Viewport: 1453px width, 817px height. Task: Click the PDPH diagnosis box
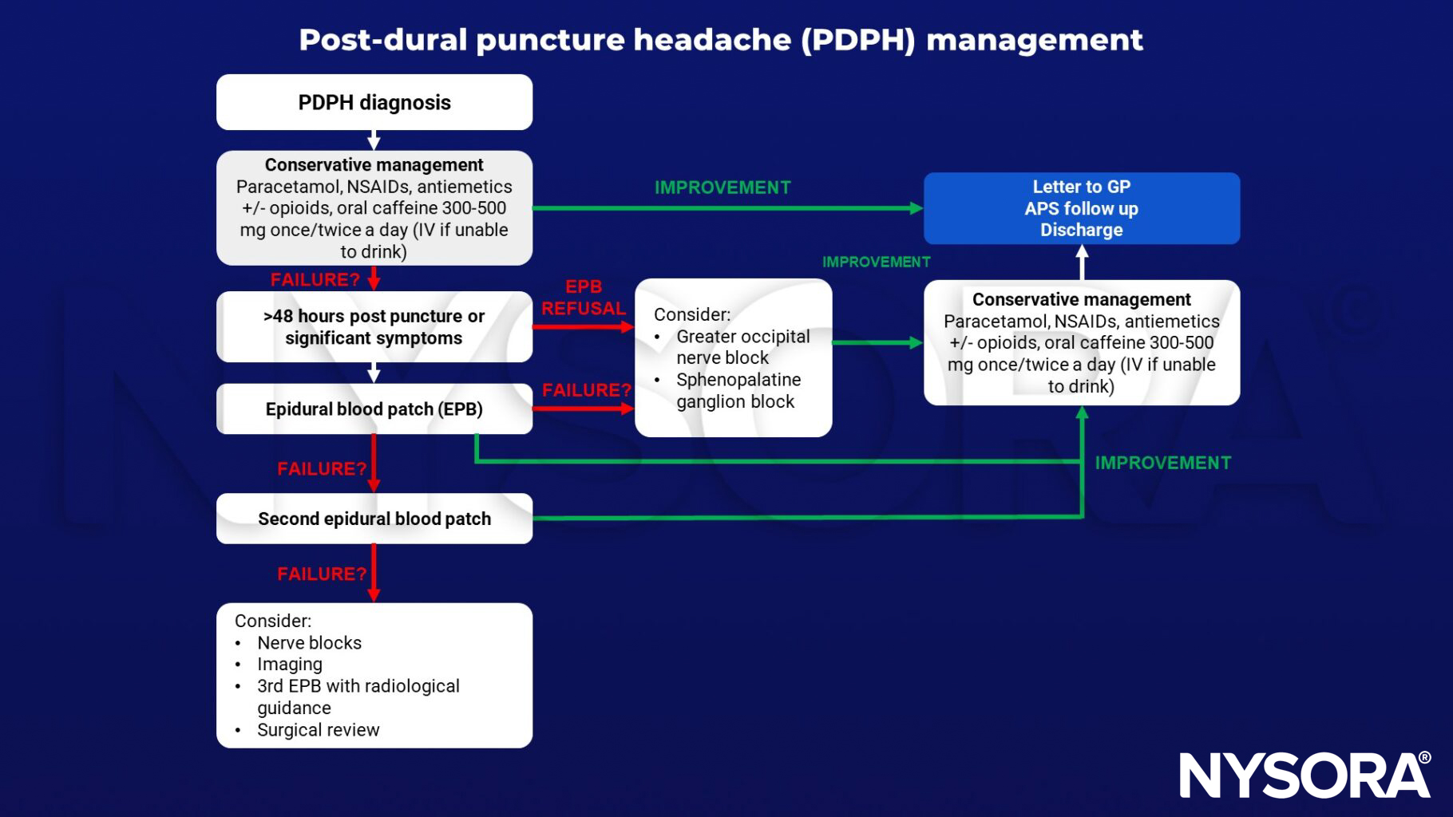(x=374, y=102)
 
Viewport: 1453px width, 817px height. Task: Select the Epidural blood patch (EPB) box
(x=374, y=409)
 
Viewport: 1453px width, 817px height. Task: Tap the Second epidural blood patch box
(x=374, y=519)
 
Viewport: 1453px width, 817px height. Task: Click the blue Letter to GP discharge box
(x=1081, y=208)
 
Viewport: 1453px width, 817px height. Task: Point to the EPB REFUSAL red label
(x=584, y=298)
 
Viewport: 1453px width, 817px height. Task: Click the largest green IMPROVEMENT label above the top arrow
(x=723, y=187)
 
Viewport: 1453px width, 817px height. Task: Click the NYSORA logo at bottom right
(x=1305, y=774)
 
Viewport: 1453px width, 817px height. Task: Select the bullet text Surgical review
(x=318, y=730)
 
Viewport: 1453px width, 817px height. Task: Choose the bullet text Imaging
(x=289, y=665)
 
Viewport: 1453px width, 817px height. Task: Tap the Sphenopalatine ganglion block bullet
(x=738, y=391)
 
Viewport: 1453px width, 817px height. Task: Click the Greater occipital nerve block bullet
(x=742, y=347)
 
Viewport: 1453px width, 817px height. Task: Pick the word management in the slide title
(x=1034, y=40)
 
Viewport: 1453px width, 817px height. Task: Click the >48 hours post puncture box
(x=374, y=327)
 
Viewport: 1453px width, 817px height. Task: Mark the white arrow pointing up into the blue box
(x=1082, y=262)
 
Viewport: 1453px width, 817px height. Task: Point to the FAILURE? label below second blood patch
(x=322, y=574)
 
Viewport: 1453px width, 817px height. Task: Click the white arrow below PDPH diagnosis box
(x=374, y=140)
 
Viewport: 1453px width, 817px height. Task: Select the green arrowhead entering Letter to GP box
(x=917, y=208)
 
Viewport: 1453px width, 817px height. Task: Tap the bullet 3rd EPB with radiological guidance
(x=358, y=697)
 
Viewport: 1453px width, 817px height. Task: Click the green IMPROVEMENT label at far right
(x=1162, y=464)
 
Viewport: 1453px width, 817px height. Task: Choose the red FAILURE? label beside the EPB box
(x=586, y=390)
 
